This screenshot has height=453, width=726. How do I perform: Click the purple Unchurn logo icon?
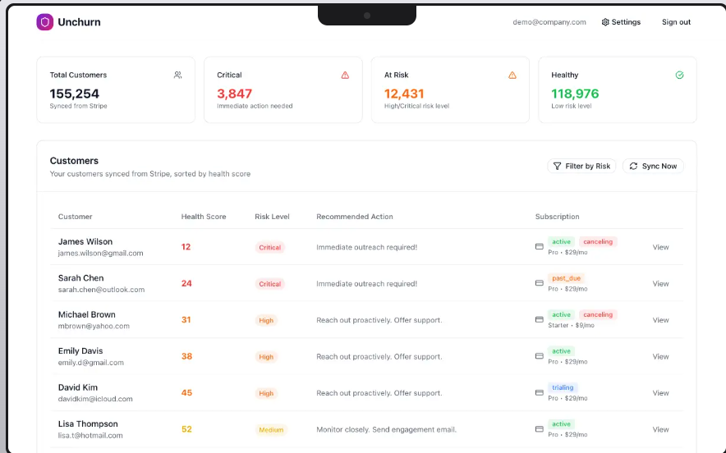(x=44, y=22)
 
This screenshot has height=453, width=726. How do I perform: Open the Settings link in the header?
(x=621, y=22)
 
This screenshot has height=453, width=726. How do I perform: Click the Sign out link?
(x=676, y=22)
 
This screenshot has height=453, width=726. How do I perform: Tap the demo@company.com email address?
(x=549, y=22)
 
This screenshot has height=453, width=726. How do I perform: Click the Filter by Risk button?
(x=581, y=166)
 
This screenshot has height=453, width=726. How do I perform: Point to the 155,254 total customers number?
(x=75, y=94)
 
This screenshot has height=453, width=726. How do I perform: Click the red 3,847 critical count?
(x=235, y=94)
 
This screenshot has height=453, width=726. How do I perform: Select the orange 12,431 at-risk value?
(x=404, y=94)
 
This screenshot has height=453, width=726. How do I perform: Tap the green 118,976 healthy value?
(x=575, y=94)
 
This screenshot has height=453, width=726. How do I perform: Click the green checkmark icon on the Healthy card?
(x=679, y=75)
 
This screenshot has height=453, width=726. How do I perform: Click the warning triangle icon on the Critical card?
(x=345, y=75)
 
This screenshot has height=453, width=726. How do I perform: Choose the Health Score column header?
(x=204, y=217)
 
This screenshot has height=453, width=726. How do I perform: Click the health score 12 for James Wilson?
(x=186, y=247)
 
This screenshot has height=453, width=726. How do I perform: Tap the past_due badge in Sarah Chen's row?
(x=567, y=278)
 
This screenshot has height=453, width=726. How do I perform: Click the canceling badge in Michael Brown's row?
(x=598, y=314)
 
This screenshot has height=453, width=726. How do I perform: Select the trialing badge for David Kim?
(x=563, y=387)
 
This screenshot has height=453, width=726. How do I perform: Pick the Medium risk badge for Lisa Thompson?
(x=270, y=430)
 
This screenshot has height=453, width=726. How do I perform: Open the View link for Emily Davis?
(x=660, y=357)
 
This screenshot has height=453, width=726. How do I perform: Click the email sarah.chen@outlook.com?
(x=101, y=290)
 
